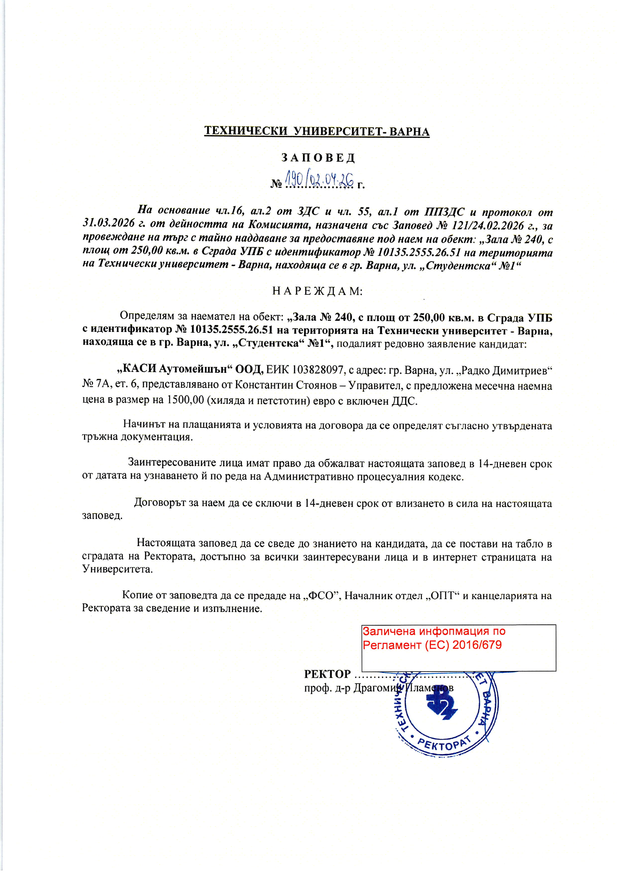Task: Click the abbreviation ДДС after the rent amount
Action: point(404,401)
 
